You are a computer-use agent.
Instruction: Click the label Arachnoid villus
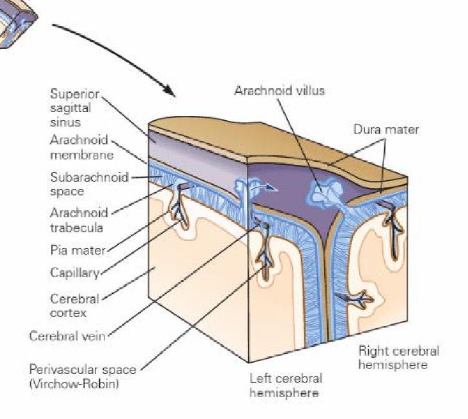(x=279, y=90)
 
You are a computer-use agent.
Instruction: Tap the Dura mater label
(x=386, y=130)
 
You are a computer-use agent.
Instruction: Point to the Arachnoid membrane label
(x=81, y=148)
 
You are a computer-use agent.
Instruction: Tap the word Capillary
(x=74, y=273)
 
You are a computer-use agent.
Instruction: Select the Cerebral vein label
(x=68, y=336)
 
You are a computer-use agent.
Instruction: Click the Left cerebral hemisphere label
(x=286, y=385)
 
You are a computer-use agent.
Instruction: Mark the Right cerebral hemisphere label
(x=398, y=357)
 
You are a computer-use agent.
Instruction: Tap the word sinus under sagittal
(x=63, y=121)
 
